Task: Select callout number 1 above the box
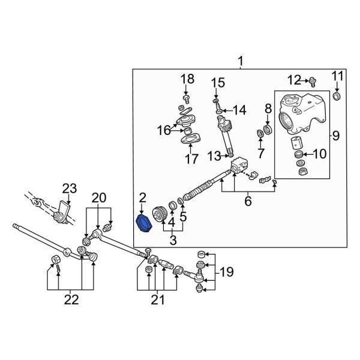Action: coord(241,61)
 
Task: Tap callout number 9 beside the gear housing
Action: coord(335,135)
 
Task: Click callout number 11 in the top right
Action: coord(338,76)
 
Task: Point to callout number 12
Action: coord(293,79)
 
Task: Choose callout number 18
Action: coord(187,79)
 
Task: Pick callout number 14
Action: coord(240,110)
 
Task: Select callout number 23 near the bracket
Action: coord(70,189)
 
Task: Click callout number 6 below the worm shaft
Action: coord(247,202)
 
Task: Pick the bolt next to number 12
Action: coord(311,80)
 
